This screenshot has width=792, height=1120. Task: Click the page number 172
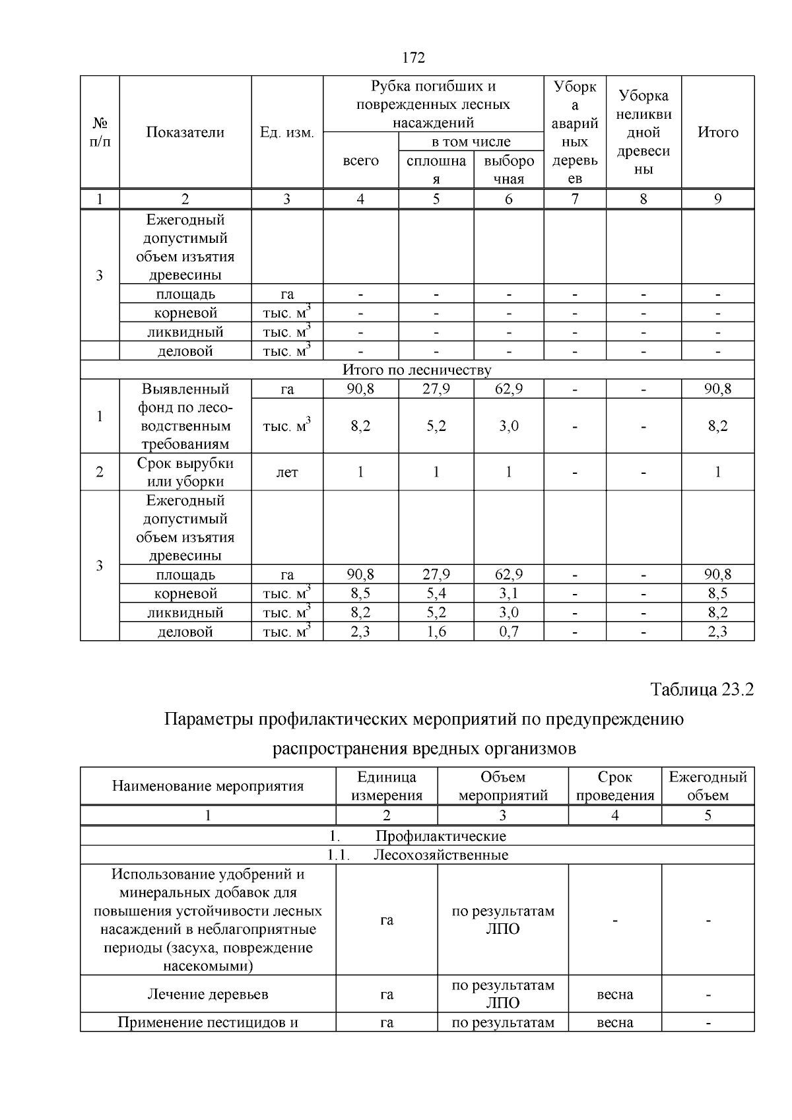[414, 58]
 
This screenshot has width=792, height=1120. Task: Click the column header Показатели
[185, 133]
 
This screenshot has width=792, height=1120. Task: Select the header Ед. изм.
[287, 133]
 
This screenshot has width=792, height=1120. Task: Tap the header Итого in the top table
[718, 133]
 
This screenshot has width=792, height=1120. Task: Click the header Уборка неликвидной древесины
[643, 133]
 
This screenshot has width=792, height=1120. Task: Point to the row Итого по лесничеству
[416, 370]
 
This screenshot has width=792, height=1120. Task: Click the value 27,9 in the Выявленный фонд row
[436, 389]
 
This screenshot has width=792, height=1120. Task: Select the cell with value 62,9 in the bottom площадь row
[508, 574]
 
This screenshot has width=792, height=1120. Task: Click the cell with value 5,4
[436, 593]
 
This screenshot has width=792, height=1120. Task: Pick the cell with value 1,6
[436, 632]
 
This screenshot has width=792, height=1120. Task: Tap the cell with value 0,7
[508, 632]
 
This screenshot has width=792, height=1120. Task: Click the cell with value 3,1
[508, 593]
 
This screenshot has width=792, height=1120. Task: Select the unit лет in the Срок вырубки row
[287, 473]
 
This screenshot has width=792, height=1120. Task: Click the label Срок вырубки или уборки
[185, 473]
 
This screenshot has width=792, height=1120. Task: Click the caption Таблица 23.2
[702, 690]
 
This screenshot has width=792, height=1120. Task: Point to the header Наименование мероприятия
[208, 786]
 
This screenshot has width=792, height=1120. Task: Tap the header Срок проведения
[614, 786]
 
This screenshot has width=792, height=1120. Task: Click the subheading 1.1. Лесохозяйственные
[418, 855]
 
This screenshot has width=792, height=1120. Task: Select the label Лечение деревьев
[208, 995]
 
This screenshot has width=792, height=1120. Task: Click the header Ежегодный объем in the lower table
[708, 786]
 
